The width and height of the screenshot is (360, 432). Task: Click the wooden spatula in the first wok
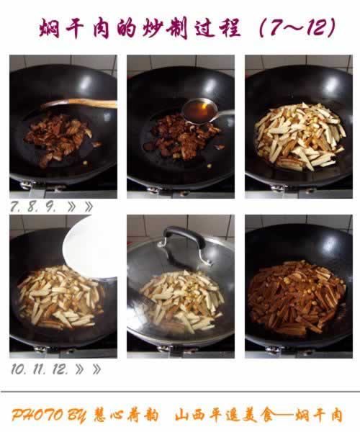[80, 103]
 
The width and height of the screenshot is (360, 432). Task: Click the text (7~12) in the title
[297, 27]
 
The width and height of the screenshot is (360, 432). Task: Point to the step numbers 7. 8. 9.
[33, 207]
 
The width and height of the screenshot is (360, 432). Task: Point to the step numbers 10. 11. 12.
[40, 369]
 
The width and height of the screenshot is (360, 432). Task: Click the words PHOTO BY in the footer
[48, 415]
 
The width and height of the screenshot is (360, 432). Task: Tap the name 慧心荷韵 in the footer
[126, 415]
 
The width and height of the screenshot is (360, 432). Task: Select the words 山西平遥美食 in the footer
[225, 415]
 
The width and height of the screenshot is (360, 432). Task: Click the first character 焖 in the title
[50, 28]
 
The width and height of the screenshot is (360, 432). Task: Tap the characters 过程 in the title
[217, 27]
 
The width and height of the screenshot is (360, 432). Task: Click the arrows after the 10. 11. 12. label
[88, 369]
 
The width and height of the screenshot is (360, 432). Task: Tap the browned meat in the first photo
[59, 137]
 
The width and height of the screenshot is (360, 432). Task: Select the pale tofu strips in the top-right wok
[300, 136]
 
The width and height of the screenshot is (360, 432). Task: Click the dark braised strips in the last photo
[297, 297]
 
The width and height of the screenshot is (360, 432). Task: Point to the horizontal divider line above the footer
[180, 391]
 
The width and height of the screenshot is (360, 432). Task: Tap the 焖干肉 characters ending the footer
[319, 415]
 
